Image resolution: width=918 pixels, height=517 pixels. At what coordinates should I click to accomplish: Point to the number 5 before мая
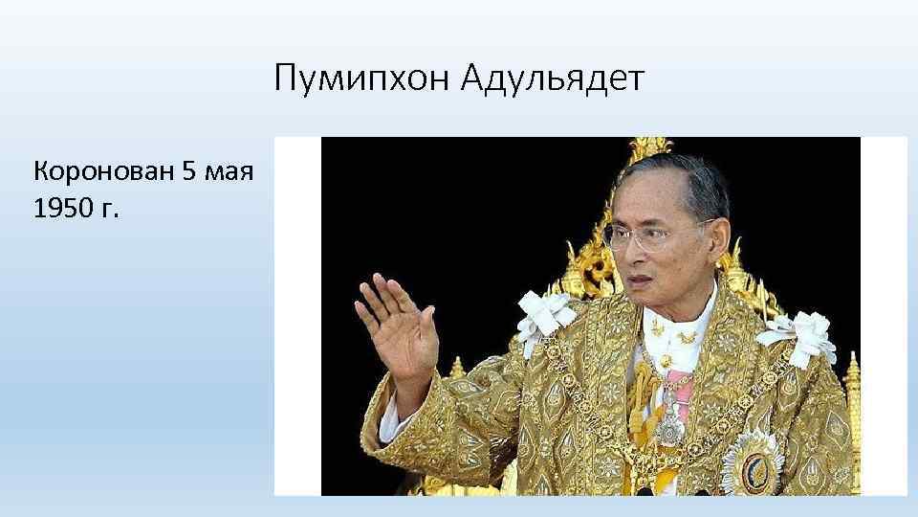pyautogui.click(x=189, y=172)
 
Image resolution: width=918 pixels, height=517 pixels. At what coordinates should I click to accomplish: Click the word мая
pyautogui.click(x=227, y=173)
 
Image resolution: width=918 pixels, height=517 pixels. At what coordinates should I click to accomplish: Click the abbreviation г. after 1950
pyautogui.click(x=108, y=210)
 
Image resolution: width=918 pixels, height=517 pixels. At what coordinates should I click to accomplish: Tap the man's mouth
pyautogui.click(x=637, y=279)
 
